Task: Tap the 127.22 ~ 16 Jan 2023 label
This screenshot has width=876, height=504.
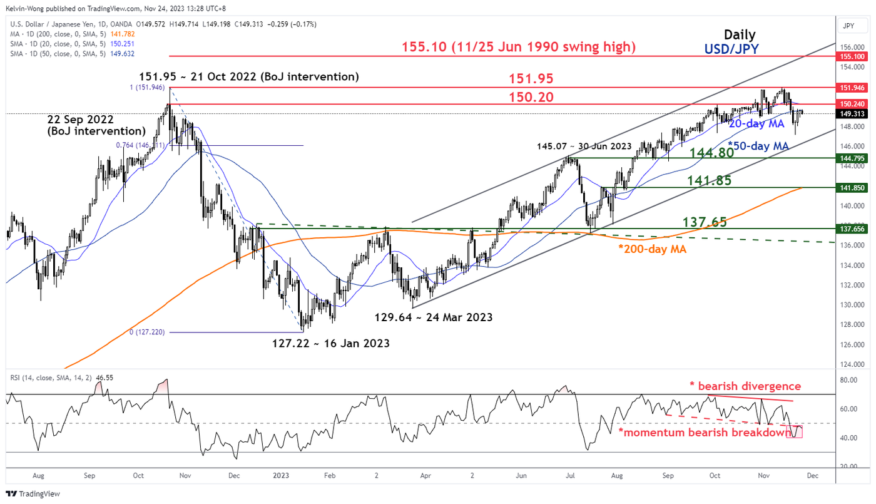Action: coord(330,343)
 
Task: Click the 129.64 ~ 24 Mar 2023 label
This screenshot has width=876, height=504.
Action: coord(434,317)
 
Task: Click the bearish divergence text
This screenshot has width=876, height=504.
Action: coord(745,386)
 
